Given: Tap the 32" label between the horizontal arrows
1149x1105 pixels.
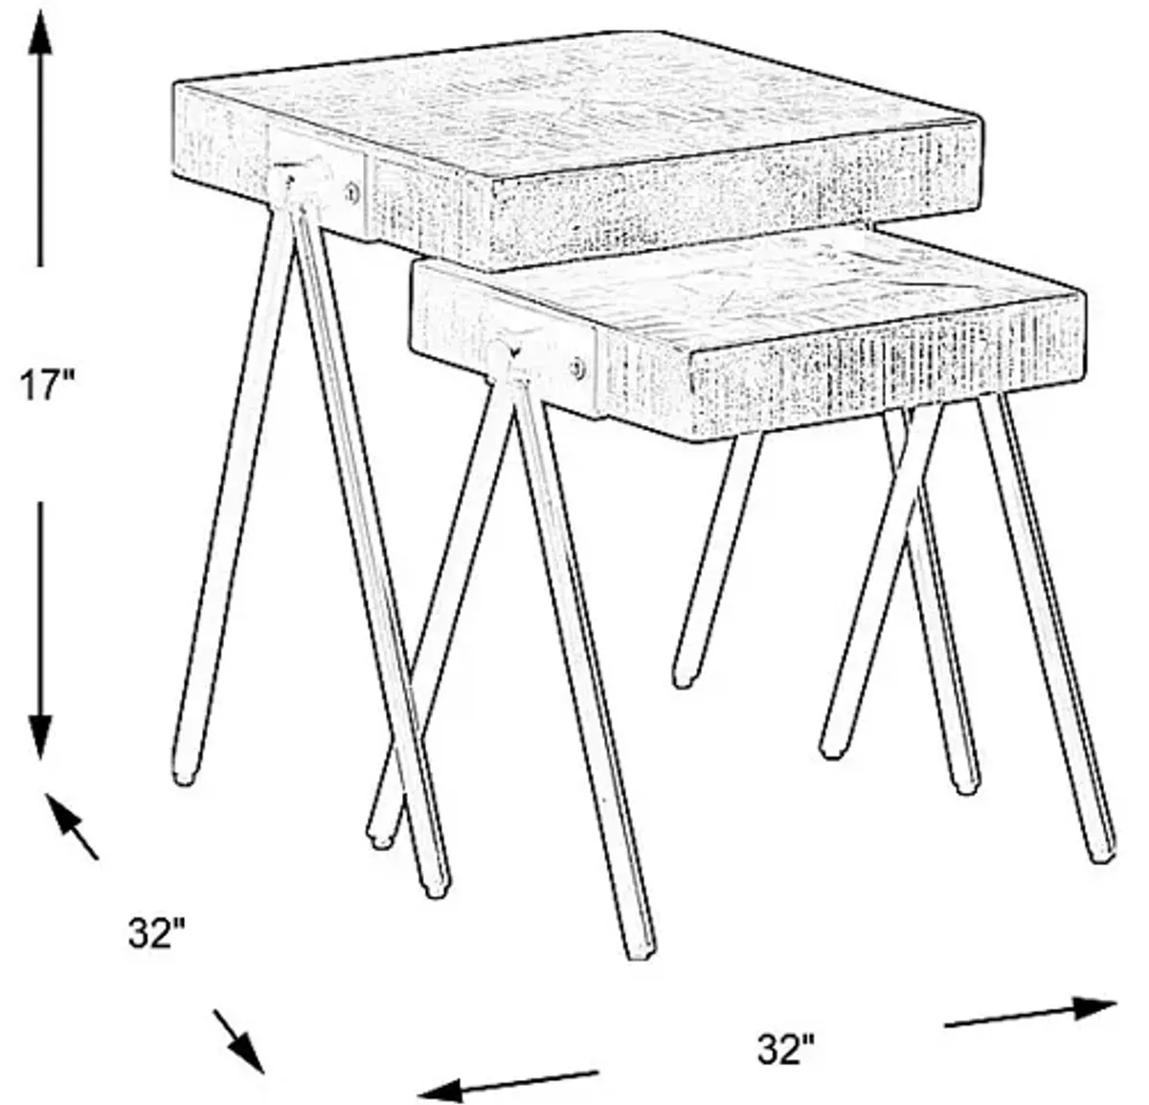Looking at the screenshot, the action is click(786, 1049).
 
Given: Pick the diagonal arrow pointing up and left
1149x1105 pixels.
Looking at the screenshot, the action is click(71, 826).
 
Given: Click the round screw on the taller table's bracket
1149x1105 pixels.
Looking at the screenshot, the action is click(353, 192).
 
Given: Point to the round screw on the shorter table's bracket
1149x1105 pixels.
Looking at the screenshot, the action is click(577, 369).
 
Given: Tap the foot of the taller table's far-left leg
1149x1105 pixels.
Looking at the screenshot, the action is click(185, 776).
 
